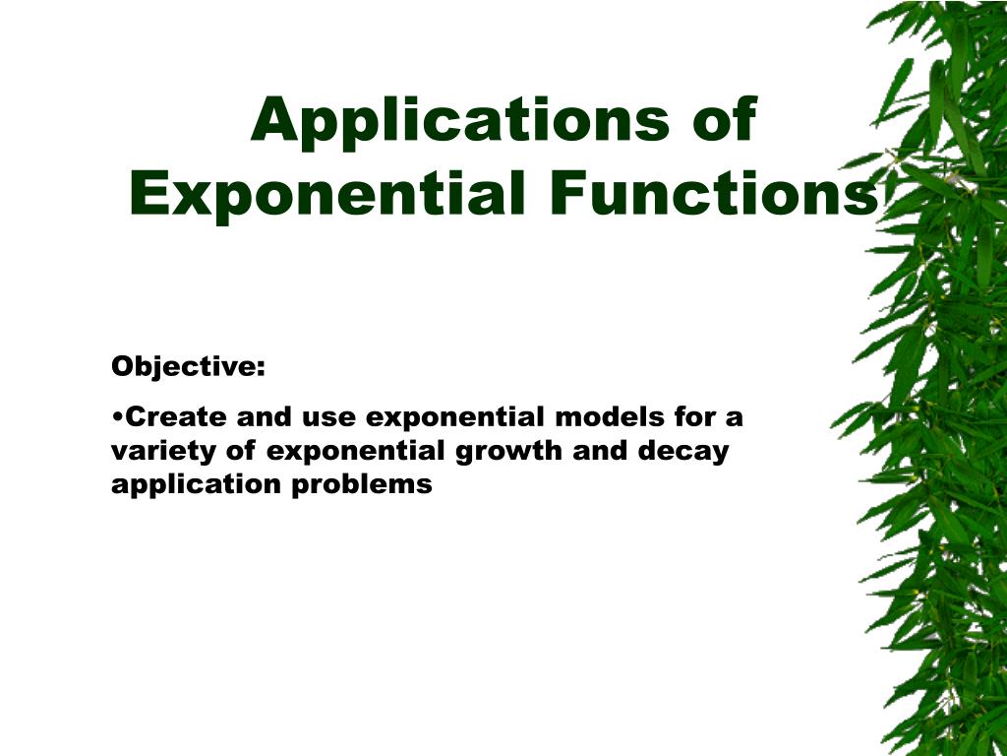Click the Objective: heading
tap(188, 367)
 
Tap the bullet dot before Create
tap(117, 417)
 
